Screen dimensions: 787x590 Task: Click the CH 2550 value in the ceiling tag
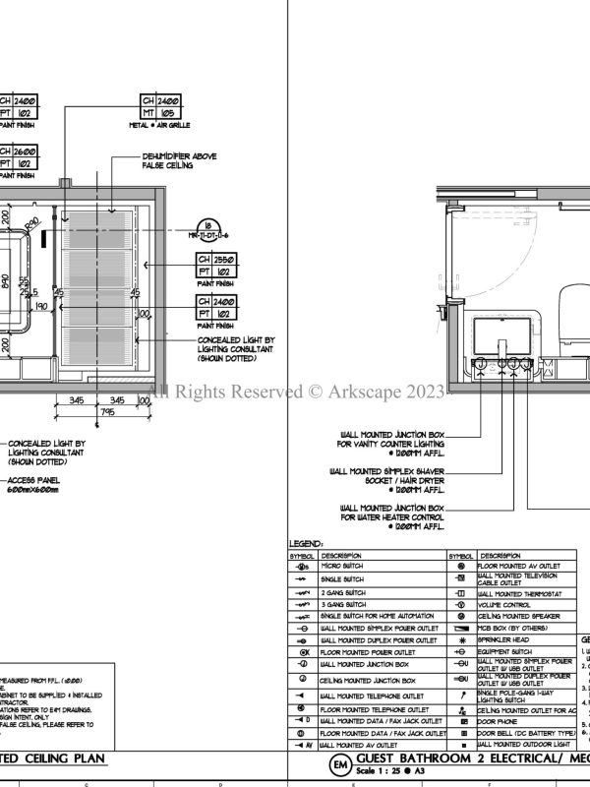pos(224,260)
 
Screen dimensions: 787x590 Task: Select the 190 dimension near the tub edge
pos(42,307)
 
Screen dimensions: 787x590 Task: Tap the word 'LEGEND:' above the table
pos(305,543)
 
